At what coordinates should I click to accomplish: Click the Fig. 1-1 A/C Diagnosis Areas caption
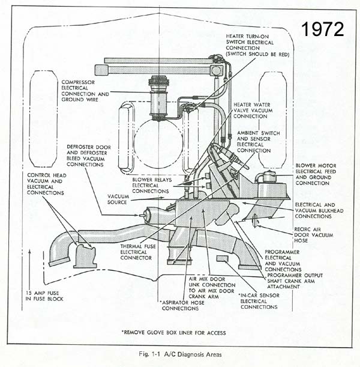(181, 354)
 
